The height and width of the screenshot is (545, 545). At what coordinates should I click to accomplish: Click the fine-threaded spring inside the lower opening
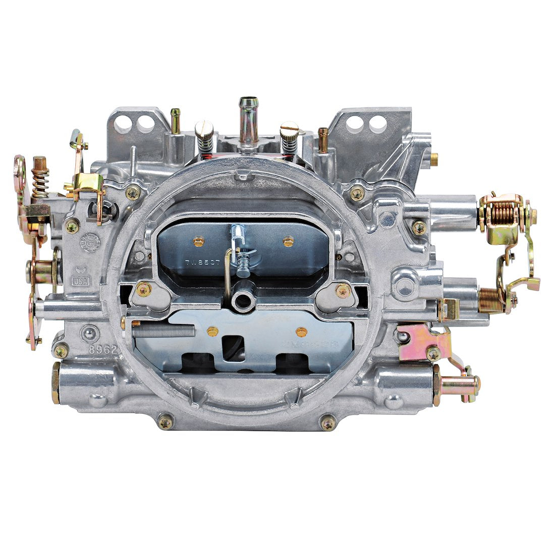point(164,331)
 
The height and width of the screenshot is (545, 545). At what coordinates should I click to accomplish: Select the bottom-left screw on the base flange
point(166,421)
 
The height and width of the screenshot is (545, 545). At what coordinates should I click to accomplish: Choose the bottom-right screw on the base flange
point(328,422)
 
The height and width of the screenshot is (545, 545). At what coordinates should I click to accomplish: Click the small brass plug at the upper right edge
point(433,159)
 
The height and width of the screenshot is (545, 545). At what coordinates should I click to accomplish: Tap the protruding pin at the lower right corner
point(459,386)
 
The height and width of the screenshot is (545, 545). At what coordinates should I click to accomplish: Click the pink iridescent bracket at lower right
point(425,343)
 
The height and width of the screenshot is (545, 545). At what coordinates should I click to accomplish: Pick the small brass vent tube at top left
point(176,121)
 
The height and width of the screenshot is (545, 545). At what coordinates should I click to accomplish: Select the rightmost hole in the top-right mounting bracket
point(378,123)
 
